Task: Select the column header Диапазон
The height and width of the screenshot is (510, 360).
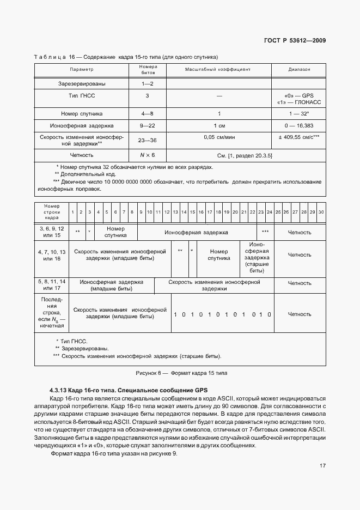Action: [299, 70]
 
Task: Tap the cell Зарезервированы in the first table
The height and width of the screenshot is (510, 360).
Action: [82, 84]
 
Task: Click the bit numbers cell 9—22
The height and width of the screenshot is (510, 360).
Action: [147, 126]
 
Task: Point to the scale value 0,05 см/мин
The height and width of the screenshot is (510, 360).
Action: [218, 137]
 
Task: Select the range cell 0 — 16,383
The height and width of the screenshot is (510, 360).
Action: [299, 126]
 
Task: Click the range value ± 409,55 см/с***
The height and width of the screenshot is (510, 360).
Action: [299, 137]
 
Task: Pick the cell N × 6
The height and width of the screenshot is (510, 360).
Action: [147, 155]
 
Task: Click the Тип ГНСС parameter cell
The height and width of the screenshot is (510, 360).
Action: [82, 96]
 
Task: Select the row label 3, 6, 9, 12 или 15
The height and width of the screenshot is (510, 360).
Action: [52, 232]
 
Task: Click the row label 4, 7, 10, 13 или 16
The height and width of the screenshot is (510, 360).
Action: [52, 255]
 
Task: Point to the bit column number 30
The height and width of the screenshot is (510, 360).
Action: [321, 211]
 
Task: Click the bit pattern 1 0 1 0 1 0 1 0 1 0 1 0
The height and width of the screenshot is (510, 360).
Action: [222, 314]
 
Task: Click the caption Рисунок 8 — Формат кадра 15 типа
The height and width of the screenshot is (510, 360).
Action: [180, 373]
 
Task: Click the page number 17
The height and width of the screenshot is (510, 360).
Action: [322, 465]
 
